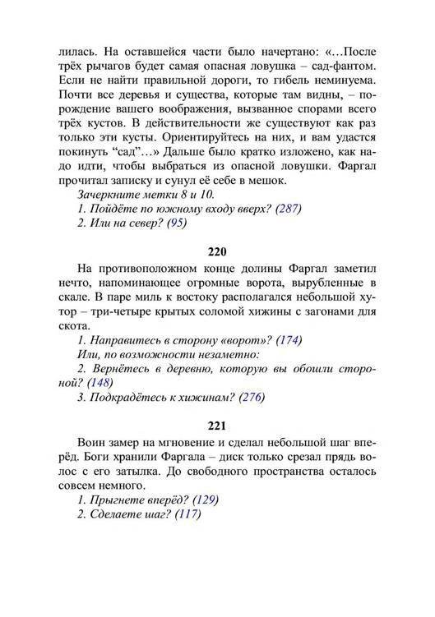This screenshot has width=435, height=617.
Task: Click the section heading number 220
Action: point(217,251)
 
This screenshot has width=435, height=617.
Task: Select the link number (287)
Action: point(286,209)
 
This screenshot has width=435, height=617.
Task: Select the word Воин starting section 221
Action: point(92,441)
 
